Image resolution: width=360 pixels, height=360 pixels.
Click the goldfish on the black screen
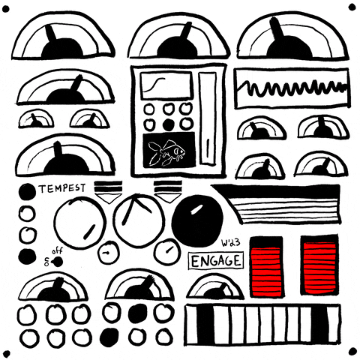(166, 152)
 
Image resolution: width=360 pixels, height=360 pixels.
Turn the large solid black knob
(197, 217)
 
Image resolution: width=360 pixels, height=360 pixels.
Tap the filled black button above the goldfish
(168, 124)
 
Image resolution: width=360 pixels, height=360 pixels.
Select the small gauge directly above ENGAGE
(214, 287)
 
